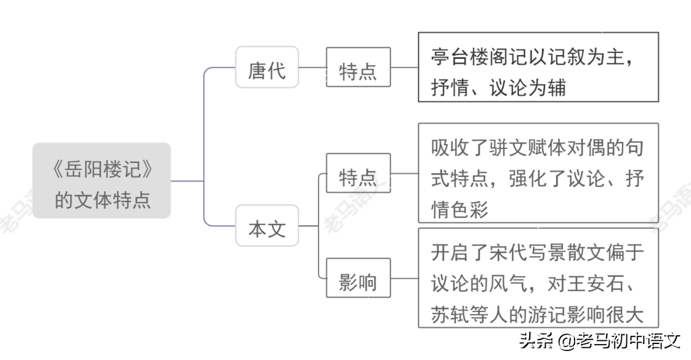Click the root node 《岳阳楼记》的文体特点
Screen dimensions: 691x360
pos(101,180)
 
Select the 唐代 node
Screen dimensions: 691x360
pos(267,67)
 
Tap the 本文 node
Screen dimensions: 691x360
pos(267,226)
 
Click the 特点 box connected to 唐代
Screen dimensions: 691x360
pos(358,67)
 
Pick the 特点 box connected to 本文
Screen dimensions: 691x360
pos(358,173)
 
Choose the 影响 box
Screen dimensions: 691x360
pos(358,278)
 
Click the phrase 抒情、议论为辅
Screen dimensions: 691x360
pos(498,87)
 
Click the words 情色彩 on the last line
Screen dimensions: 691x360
pos(459,209)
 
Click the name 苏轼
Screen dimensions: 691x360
pos(450,314)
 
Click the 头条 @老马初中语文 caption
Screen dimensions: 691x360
pos(600,341)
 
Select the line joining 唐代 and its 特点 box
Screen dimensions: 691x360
pos(312,67)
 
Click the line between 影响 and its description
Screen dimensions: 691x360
pos(404,278)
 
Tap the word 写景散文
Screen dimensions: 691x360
pos(567,253)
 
